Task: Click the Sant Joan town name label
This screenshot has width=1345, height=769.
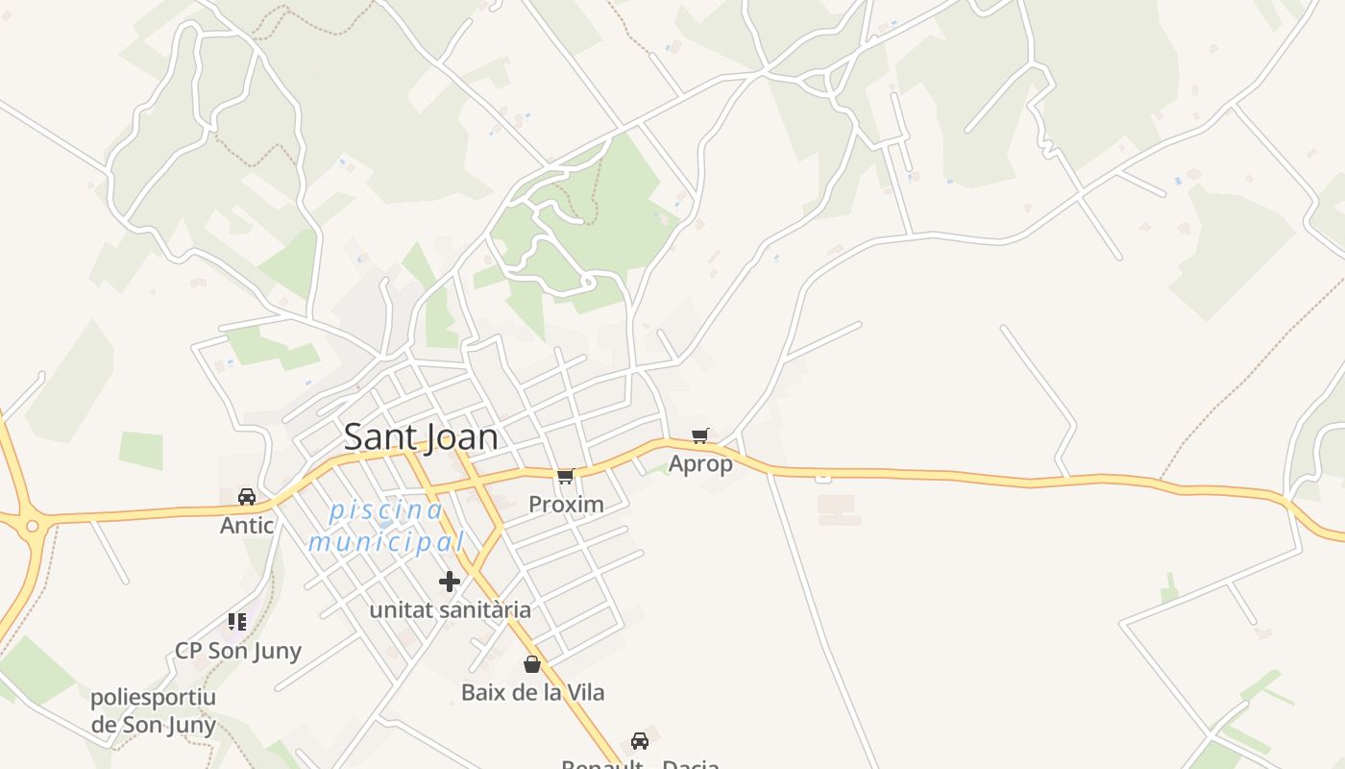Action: (421, 437)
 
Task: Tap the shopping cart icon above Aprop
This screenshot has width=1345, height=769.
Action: (700, 435)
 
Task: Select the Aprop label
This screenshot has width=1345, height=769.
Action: (700, 464)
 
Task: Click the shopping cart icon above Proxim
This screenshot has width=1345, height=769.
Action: (566, 476)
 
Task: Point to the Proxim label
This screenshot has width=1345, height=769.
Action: (566, 505)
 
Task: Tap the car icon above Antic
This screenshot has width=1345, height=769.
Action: (247, 496)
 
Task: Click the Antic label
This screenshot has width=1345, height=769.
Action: (247, 526)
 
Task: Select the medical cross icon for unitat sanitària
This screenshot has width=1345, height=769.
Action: (450, 581)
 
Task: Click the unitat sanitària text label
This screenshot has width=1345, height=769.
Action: (450, 610)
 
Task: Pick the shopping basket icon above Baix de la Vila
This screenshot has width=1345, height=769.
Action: (532, 663)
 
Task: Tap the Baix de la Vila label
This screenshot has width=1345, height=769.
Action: (532, 692)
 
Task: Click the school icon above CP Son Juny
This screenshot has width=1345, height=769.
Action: (237, 622)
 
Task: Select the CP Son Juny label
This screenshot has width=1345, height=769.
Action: (238, 651)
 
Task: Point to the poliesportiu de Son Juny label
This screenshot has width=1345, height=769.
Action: (154, 711)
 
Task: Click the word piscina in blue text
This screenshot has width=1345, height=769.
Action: (386, 510)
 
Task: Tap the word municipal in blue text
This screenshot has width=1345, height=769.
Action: (386, 543)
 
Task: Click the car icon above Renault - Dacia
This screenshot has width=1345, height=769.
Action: (640, 740)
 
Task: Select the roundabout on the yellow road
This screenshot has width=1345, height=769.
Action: (33, 526)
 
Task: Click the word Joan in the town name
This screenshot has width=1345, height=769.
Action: (461, 437)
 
